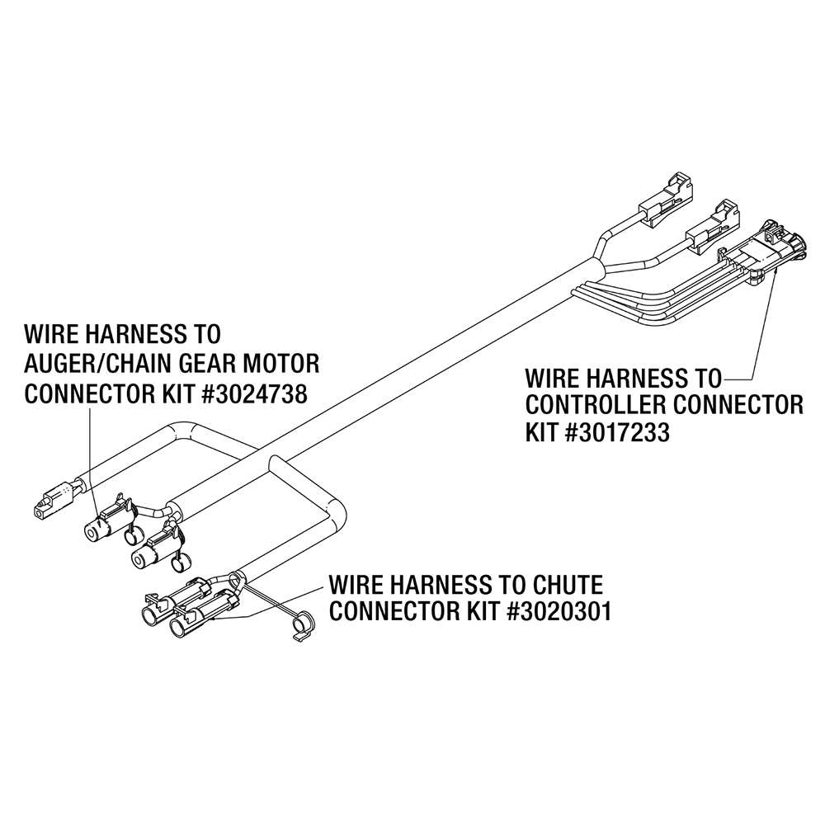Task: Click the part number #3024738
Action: click(254, 393)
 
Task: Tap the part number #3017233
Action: click(617, 432)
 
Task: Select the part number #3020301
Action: click(559, 611)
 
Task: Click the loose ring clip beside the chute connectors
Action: click(301, 625)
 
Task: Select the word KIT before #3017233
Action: click(543, 432)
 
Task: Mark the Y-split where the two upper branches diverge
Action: click(600, 262)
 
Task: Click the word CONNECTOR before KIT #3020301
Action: click(394, 611)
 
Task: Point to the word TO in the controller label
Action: click(708, 378)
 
